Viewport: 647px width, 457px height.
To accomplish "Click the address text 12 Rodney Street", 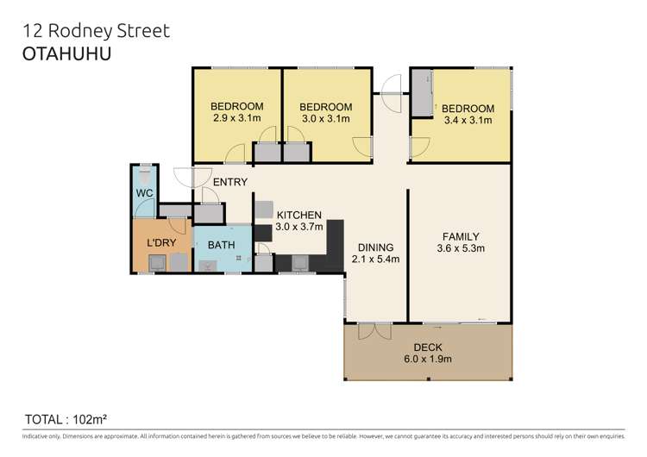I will tap(95, 31).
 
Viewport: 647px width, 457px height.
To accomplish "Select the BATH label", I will tap(222, 245).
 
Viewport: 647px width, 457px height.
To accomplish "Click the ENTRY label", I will tap(229, 182).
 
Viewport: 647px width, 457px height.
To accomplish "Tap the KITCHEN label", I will tap(298, 215).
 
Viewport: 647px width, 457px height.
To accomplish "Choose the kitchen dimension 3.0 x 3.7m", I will tap(298, 228).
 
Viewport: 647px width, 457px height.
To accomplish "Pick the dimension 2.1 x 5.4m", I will tap(376, 257).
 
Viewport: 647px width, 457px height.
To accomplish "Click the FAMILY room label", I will tap(461, 236).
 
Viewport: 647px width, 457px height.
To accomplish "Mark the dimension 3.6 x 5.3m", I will tap(461, 249).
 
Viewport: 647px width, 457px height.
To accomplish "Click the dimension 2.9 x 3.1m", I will tap(237, 120).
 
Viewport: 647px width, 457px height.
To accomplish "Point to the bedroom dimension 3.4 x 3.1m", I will tap(467, 121).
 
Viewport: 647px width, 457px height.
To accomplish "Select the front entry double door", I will tap(185, 177).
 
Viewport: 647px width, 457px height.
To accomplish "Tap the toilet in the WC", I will tap(145, 171).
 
